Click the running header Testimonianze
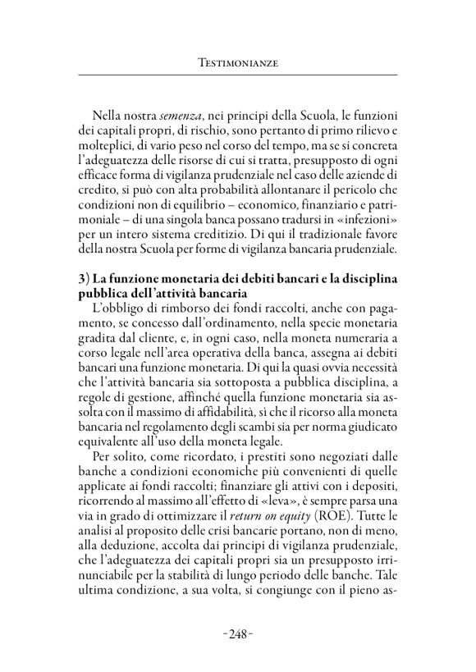tap(237, 61)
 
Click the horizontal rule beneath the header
tap(237, 75)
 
